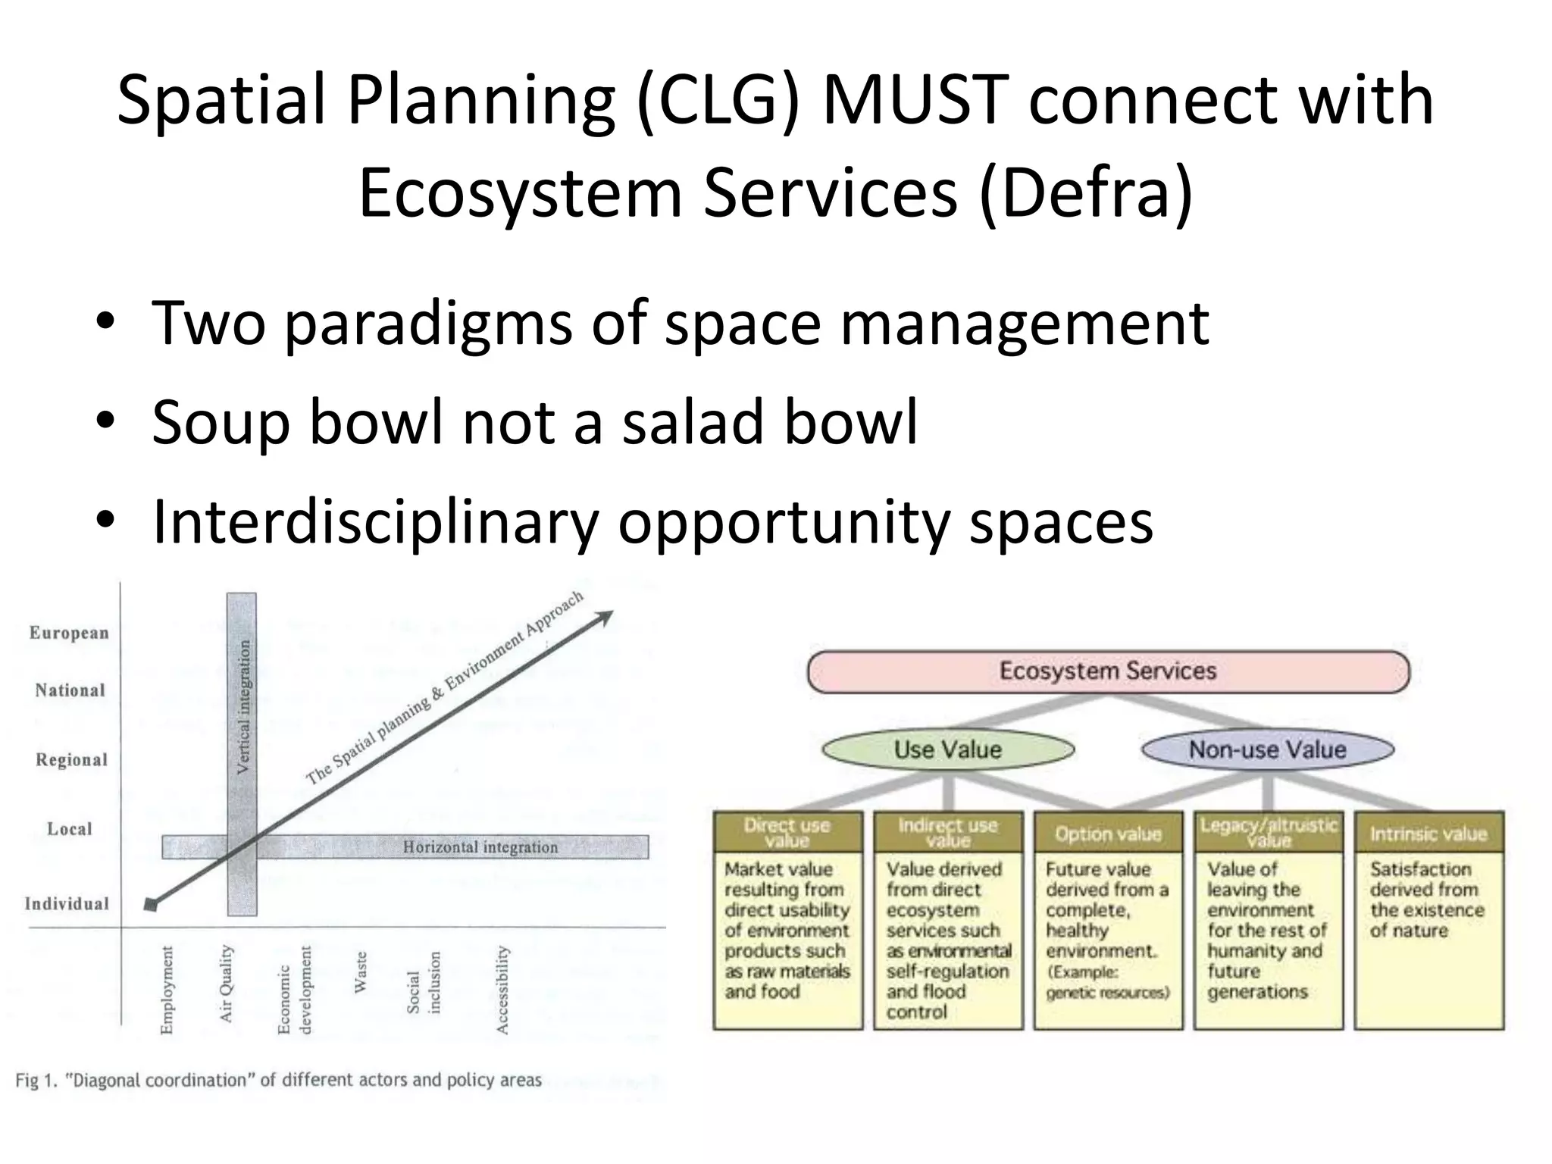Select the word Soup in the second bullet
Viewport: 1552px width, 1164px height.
click(221, 422)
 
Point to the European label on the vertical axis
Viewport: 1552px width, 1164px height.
click(69, 633)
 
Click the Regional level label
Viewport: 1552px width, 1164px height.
click(71, 759)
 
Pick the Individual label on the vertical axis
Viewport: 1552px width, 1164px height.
click(67, 903)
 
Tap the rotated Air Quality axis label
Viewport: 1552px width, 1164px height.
click(226, 984)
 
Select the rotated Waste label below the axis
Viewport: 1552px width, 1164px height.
click(361, 972)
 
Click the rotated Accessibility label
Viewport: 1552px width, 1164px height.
click(502, 990)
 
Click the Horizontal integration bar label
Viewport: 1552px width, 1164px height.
click(480, 847)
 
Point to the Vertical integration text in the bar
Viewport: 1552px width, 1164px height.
click(243, 706)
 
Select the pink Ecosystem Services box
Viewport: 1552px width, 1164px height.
click(1107, 671)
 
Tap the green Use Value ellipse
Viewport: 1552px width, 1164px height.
click(947, 749)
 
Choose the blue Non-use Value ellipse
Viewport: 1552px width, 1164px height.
click(1267, 749)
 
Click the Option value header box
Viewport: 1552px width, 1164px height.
click(1107, 834)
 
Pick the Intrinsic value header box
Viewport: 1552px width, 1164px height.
click(1428, 834)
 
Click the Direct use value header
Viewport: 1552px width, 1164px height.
click(787, 833)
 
